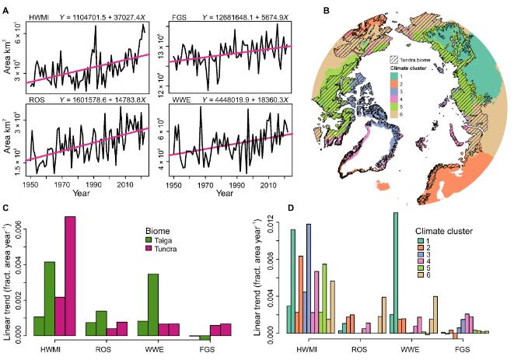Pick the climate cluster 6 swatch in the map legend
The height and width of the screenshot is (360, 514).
coord(394,114)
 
